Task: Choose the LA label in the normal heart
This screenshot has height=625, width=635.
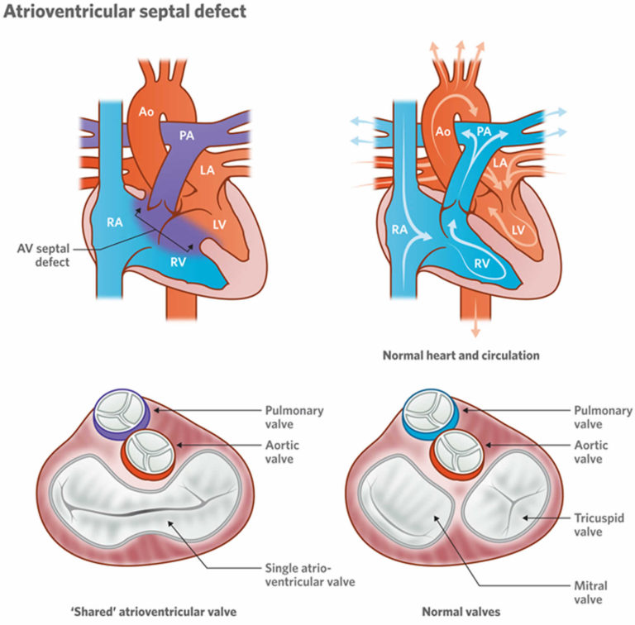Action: (x=499, y=165)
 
